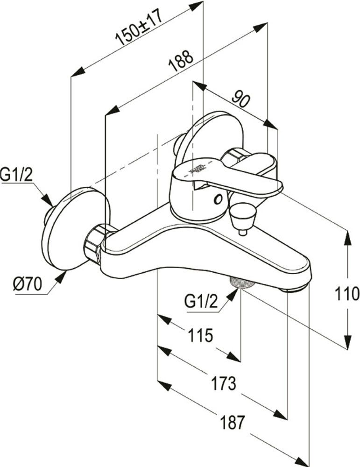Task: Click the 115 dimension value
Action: [200, 335]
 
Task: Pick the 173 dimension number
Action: [223, 383]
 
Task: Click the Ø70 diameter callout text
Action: [27, 284]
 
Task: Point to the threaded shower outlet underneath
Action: [240, 283]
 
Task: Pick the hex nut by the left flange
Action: [96, 243]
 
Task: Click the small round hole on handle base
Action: [217, 200]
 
